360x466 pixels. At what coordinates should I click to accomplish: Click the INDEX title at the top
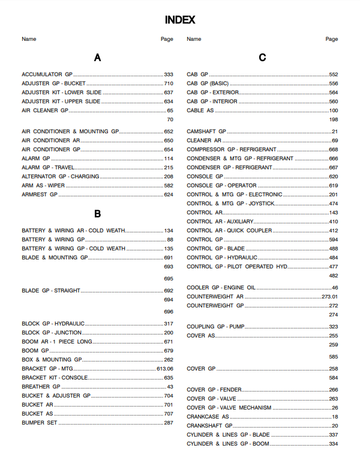180,20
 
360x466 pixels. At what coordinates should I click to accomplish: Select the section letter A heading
97,58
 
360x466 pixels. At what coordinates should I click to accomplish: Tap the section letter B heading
97,214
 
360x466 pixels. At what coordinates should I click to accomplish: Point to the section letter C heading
262,58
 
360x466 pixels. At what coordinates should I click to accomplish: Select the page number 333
168,74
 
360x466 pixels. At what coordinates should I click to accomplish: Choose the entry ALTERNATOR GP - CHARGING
61,177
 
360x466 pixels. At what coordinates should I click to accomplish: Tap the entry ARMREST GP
40,195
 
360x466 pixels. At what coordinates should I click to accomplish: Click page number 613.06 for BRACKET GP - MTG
164,369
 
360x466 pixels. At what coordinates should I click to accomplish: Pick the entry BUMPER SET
39,423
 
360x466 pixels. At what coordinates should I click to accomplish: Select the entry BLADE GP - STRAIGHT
51,291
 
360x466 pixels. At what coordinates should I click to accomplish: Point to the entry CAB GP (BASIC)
208,83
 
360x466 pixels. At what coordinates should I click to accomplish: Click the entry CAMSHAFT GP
206,132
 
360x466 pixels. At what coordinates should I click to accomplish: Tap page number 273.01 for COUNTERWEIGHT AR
329,297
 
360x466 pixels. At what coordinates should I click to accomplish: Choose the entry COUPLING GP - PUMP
215,327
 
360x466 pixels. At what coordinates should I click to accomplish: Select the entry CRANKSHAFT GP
209,426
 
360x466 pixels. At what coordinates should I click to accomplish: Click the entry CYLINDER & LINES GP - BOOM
228,444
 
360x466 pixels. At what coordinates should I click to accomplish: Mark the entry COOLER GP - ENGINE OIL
221,288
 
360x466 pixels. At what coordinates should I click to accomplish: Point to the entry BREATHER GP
41,387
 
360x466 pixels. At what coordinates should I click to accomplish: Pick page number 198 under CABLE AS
334,120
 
